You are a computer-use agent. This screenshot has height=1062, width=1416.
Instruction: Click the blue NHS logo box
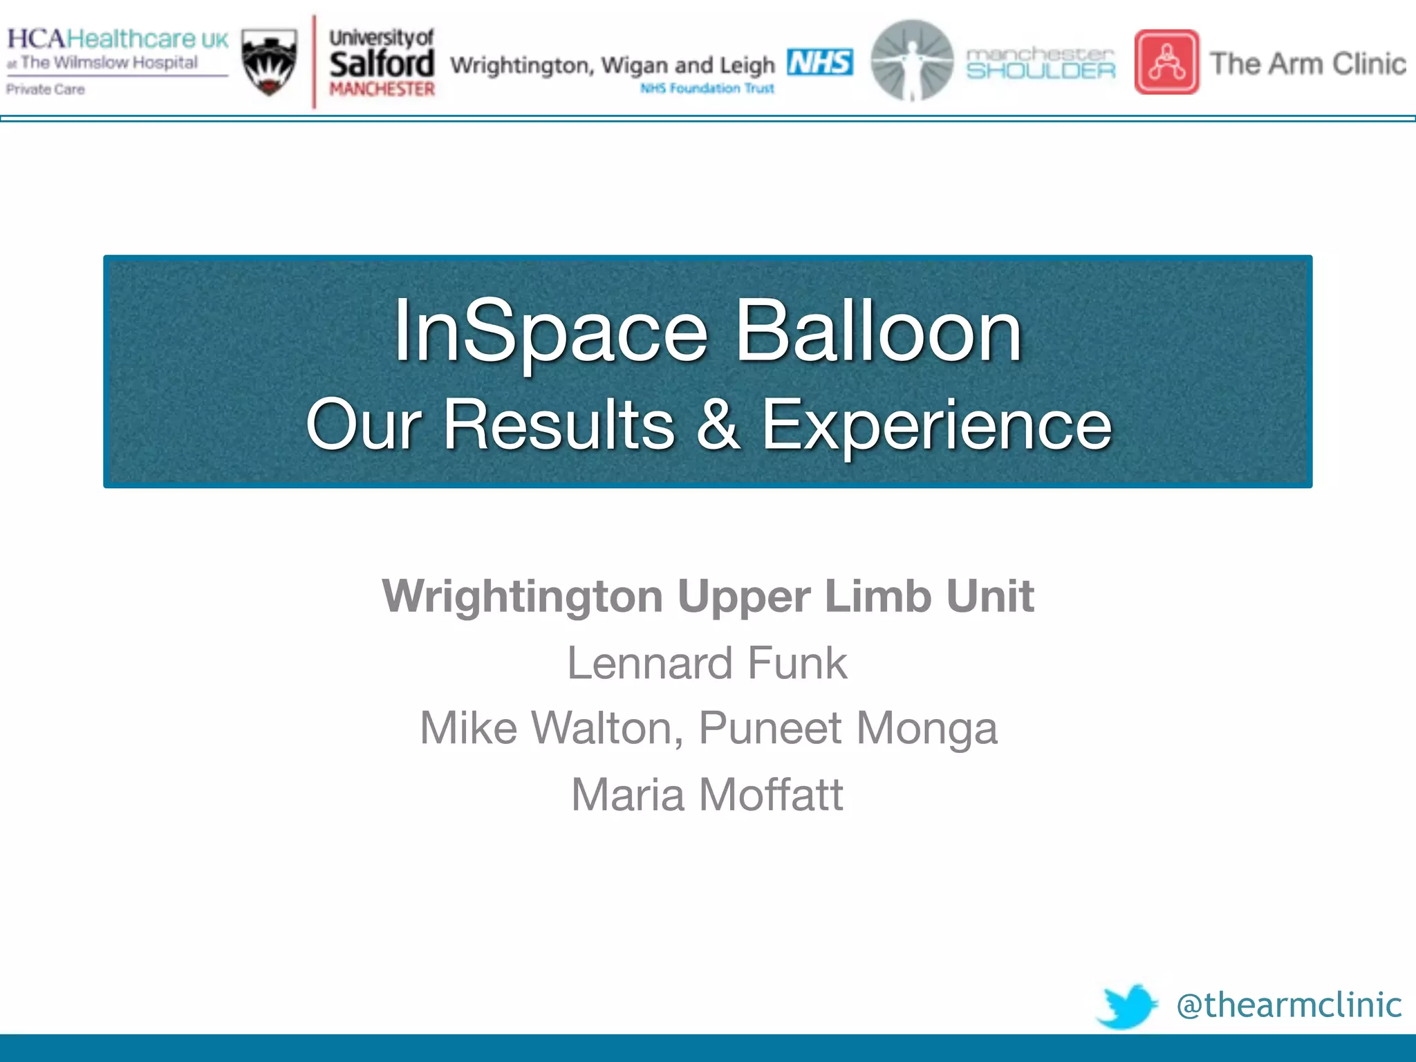(x=819, y=62)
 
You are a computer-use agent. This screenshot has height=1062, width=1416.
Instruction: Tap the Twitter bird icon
(x=1127, y=1006)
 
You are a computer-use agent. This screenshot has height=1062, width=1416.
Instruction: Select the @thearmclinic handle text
(x=1289, y=1005)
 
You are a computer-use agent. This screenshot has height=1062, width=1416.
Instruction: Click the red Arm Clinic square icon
(x=1166, y=62)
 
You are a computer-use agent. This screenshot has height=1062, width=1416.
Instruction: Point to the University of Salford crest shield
(x=270, y=62)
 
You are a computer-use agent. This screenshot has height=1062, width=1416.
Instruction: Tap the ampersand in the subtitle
(x=718, y=424)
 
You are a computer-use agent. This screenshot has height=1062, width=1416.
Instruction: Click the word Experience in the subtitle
(x=936, y=424)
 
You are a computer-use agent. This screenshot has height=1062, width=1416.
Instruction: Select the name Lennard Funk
(x=707, y=663)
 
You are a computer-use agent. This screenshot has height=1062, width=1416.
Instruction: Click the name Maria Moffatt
(x=707, y=794)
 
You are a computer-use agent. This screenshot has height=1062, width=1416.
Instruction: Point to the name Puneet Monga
(x=848, y=728)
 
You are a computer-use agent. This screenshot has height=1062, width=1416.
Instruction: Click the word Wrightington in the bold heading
(x=522, y=596)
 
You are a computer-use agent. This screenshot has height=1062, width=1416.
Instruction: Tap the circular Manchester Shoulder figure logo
(x=911, y=61)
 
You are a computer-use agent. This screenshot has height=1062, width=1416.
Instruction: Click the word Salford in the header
(x=382, y=64)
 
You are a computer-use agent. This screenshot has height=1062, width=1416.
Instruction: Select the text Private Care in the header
(x=46, y=89)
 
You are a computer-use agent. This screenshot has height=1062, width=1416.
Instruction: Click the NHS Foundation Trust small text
(x=707, y=88)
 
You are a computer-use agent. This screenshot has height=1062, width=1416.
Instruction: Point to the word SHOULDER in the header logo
(x=1041, y=71)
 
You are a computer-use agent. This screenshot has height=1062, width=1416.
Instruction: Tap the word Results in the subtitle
(x=559, y=424)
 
